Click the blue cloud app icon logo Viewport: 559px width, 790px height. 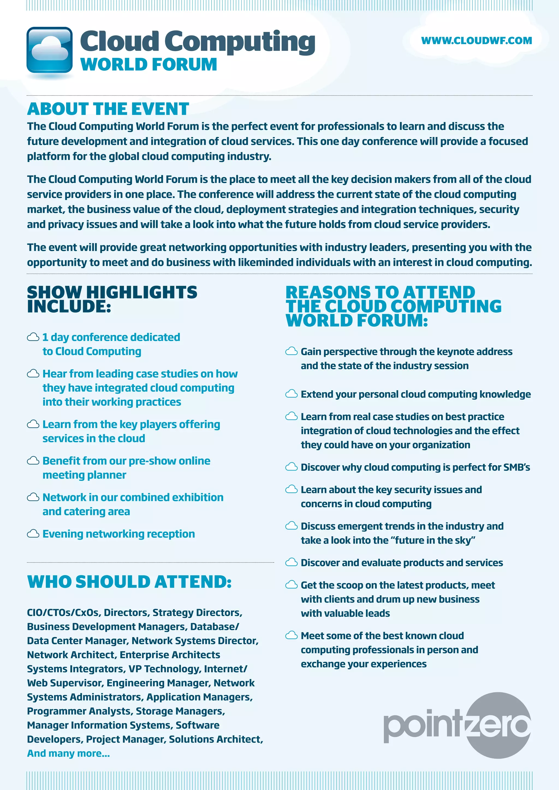click(x=50, y=50)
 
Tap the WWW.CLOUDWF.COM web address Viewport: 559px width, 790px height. click(x=476, y=41)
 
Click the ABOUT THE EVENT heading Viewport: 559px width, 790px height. click(x=108, y=109)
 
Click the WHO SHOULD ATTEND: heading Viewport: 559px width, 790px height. click(x=129, y=582)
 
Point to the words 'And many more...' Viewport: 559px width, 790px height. click(x=69, y=753)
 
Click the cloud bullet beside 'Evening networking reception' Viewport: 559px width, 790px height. click(x=33, y=534)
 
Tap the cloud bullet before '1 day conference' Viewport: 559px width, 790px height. click(x=33, y=337)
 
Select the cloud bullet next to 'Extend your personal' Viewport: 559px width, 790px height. click(x=291, y=394)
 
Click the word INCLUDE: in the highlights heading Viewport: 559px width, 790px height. click(x=69, y=307)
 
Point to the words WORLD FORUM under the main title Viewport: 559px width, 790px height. click(x=149, y=65)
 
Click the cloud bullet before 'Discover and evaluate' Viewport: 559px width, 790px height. click(x=291, y=562)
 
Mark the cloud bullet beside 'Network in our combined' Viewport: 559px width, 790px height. click(x=33, y=497)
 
